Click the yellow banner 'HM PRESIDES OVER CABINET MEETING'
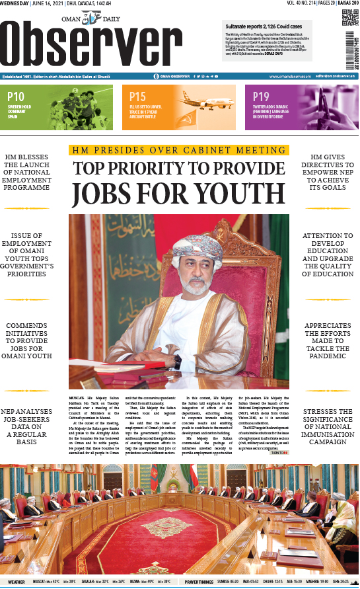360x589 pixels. tap(179, 150)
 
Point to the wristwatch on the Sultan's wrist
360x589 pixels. tap(177, 361)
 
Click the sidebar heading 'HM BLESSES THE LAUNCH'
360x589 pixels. tap(26, 170)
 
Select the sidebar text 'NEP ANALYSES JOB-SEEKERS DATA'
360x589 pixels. tap(26, 427)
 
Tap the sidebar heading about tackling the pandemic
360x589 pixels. tap(328, 341)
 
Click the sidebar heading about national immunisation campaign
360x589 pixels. tap(328, 427)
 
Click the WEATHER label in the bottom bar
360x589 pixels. tap(17, 582)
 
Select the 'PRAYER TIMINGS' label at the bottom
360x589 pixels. tap(199, 582)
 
